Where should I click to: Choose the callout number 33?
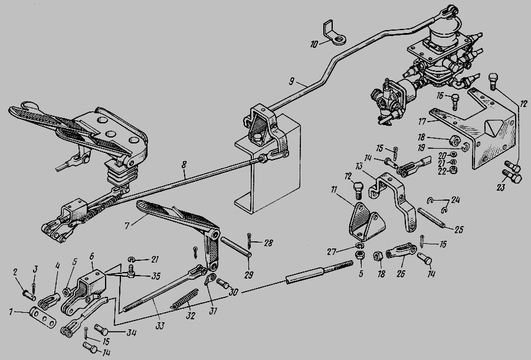(159, 326)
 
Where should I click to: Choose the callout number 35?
(155, 275)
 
